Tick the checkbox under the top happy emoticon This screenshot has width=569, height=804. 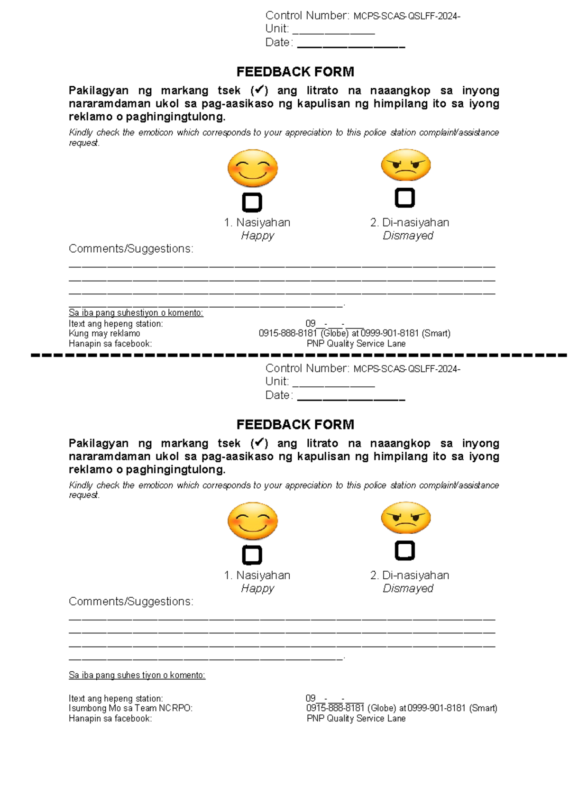(x=252, y=202)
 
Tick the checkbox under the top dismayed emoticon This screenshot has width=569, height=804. (x=404, y=198)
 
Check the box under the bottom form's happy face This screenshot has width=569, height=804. (x=252, y=555)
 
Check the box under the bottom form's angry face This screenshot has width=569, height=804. (x=404, y=550)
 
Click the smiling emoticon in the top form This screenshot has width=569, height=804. (x=252, y=168)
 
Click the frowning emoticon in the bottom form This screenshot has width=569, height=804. (x=406, y=518)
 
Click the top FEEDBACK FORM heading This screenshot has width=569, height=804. (x=295, y=72)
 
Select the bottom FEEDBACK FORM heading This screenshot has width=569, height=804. (x=295, y=425)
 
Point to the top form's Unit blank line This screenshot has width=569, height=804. (x=334, y=31)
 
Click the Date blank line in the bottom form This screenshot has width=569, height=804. (x=351, y=397)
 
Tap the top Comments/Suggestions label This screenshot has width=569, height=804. (x=131, y=249)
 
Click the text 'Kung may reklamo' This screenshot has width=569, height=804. (x=104, y=334)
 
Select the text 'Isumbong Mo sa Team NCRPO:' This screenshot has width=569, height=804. (x=130, y=708)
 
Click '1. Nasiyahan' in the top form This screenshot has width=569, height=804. (x=257, y=223)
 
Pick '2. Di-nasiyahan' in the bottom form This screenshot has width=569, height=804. (x=409, y=576)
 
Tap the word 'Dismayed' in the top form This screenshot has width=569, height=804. (x=408, y=236)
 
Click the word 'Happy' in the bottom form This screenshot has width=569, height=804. (x=257, y=588)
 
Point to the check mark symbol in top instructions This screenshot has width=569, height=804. (x=259, y=90)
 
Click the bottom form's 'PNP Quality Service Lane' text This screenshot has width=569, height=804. (x=356, y=719)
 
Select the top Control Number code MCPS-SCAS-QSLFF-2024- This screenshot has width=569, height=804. (x=406, y=17)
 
